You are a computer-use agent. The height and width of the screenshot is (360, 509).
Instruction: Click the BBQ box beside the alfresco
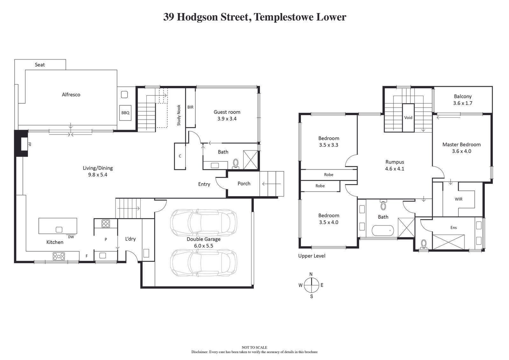click(125, 113)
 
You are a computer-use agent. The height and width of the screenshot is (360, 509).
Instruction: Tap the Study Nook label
click(179, 115)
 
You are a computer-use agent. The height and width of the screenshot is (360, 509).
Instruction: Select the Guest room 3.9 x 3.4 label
click(227, 115)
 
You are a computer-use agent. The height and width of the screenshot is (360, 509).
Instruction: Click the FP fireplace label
click(30, 144)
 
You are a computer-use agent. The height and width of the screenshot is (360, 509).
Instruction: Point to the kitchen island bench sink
click(59, 229)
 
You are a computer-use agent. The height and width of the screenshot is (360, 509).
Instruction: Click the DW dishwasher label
click(71, 237)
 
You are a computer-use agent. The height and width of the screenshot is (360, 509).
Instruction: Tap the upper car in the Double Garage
click(203, 222)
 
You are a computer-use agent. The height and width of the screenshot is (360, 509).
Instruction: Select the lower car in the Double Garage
click(203, 263)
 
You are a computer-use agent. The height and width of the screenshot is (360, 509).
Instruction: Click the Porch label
click(244, 183)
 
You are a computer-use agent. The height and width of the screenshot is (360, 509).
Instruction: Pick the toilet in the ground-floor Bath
click(236, 163)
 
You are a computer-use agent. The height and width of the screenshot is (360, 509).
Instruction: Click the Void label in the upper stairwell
click(408, 117)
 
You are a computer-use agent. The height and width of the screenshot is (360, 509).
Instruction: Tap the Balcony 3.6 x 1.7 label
click(463, 100)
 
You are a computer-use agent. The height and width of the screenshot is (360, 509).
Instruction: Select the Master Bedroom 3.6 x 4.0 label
click(461, 148)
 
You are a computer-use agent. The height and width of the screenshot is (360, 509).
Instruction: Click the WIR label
click(458, 199)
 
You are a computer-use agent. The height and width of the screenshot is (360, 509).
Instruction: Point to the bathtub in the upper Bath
click(382, 230)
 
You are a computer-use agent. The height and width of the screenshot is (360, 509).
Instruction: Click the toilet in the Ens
click(423, 244)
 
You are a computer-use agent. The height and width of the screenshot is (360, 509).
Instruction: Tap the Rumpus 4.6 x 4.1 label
click(394, 165)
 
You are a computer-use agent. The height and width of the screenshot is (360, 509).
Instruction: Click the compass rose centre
click(311, 285)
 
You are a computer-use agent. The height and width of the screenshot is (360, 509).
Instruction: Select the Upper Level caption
click(311, 256)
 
